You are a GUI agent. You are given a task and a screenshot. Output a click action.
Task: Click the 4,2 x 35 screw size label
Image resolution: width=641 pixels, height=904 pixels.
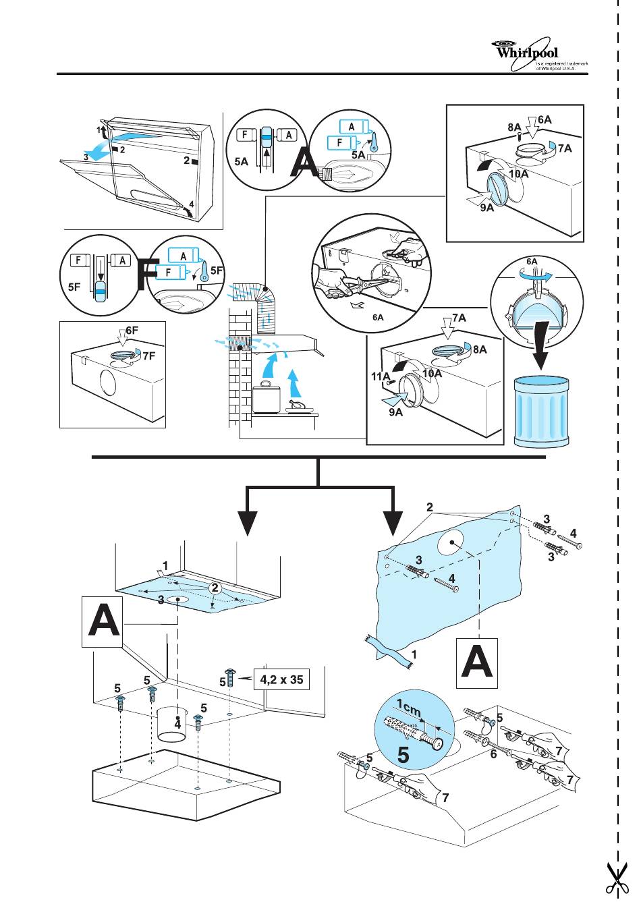[281, 679]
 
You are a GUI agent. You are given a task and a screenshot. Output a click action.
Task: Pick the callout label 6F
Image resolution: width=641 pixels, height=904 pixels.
[132, 331]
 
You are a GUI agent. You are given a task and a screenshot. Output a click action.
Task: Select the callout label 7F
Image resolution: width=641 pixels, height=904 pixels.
[147, 357]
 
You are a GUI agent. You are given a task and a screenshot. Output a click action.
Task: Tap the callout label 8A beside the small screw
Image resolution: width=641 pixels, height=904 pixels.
[514, 126]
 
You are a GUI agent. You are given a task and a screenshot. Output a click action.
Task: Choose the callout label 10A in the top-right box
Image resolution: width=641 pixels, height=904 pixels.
[518, 174]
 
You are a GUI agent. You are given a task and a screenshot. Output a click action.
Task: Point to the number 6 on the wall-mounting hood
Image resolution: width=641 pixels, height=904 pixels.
[493, 755]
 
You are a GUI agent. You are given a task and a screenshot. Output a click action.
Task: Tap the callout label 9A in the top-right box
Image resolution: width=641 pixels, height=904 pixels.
[486, 208]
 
